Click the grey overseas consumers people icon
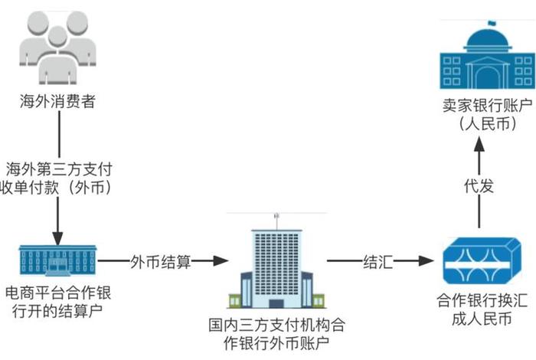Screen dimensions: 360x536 (57, 50)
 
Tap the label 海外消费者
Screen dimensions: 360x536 (58, 101)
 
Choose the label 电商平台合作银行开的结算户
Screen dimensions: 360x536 (57, 302)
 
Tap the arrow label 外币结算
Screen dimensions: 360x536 (161, 261)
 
